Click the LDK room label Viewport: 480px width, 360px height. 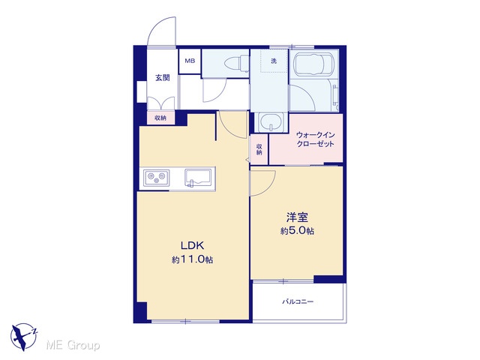(192, 245)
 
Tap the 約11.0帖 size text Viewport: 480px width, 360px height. (192, 260)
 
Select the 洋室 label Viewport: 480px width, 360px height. (297, 217)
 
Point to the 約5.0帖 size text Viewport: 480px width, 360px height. (297, 231)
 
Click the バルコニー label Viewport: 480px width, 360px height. (298, 302)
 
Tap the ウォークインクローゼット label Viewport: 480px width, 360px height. (315, 139)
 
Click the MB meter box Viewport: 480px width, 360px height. (190, 61)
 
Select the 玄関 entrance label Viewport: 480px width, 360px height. (162, 78)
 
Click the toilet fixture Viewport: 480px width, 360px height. (237, 64)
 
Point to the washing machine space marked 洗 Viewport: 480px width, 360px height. (274, 61)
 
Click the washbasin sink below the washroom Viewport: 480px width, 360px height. (271, 122)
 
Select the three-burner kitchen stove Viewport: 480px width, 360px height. (157, 178)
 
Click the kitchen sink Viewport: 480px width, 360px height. (197, 178)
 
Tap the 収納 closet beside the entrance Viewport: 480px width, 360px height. (160, 118)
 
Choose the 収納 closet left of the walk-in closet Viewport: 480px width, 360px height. (259, 150)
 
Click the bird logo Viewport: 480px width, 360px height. (24, 336)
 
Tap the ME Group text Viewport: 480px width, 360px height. (73, 346)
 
